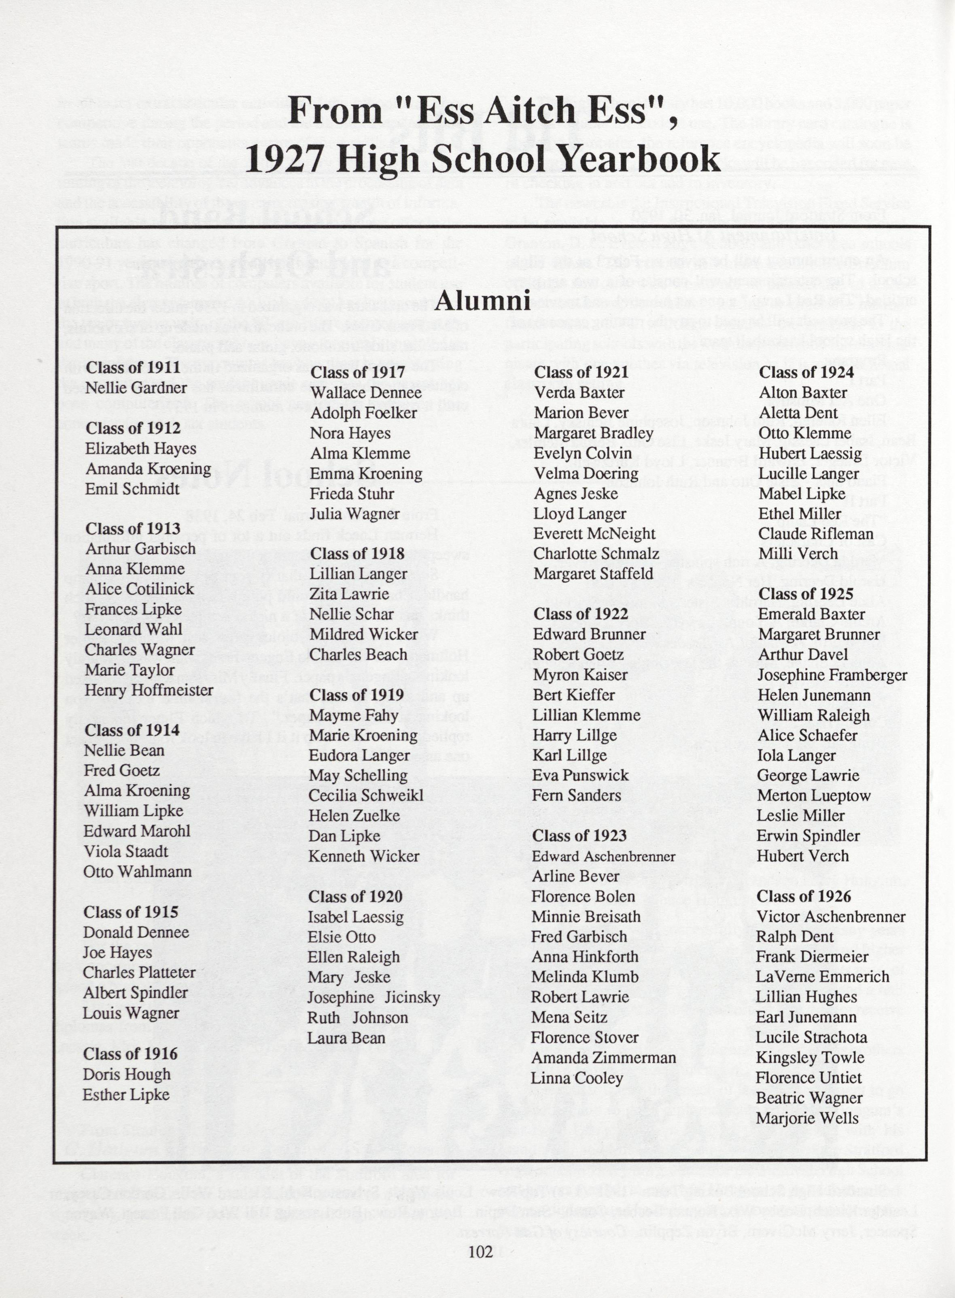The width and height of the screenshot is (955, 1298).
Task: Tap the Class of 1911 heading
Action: [x=133, y=367]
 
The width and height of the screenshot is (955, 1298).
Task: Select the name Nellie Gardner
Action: [x=136, y=388]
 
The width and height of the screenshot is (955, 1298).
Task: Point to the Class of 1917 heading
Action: [x=357, y=372]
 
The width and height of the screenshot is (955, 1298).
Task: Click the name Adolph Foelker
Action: [x=363, y=413]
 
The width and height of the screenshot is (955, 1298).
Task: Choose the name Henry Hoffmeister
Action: [x=149, y=690]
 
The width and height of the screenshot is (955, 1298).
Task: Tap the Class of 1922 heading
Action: [x=580, y=614]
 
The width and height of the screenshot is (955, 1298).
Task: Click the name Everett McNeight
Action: [x=594, y=533]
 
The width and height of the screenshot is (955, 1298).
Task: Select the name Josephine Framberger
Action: [x=832, y=675]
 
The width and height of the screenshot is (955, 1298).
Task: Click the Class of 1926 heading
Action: [x=804, y=896]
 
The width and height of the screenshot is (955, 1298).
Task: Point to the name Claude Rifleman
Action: [x=816, y=533]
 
